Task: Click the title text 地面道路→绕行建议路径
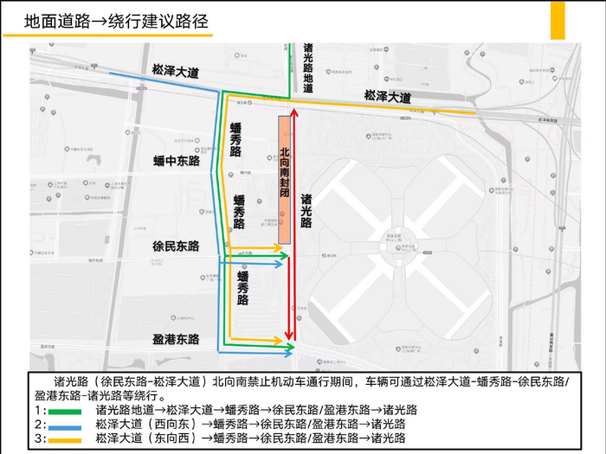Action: coord(117,21)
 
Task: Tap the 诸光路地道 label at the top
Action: coord(308,67)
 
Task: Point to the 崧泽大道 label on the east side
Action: coord(387,96)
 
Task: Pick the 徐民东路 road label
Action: coord(176,246)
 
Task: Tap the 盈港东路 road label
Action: coord(176,339)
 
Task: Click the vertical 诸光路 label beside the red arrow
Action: coord(306,210)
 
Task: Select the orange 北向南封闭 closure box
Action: coord(283,179)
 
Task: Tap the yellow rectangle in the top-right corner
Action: coord(558,19)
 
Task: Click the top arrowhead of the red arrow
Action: coord(294,112)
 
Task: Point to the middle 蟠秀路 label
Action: coord(240,212)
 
